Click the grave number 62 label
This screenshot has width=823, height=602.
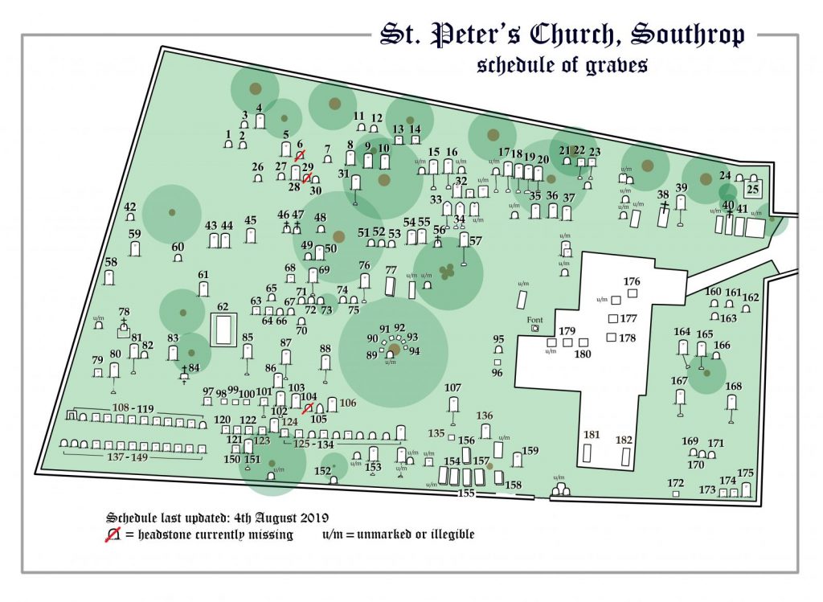[x=223, y=307]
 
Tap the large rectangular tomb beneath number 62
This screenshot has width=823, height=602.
[x=223, y=330]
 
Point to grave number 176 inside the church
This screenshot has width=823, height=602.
[x=632, y=281]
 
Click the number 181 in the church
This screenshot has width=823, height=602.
[x=592, y=435]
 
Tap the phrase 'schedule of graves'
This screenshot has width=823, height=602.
[x=562, y=66]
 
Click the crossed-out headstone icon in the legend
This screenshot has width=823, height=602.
[x=113, y=534]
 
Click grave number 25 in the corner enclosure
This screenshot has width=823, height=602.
[x=753, y=190]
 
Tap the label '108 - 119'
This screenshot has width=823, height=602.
[x=133, y=408]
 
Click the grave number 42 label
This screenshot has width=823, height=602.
[x=129, y=207]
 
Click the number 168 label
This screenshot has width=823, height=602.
[x=733, y=387]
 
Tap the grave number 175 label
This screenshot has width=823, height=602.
[x=746, y=473]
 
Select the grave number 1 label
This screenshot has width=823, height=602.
[x=228, y=134]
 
